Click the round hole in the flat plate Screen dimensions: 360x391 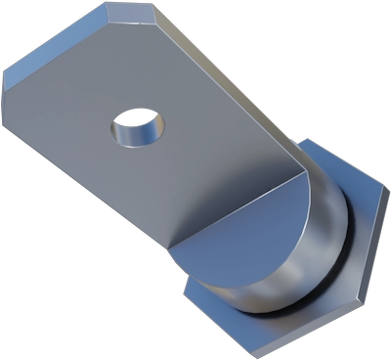pyautogui.click(x=138, y=127)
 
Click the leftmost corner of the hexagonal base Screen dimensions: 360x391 pyautogui.click(x=183, y=284)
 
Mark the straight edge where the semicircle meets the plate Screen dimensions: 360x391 pyautogui.click(x=239, y=205)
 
